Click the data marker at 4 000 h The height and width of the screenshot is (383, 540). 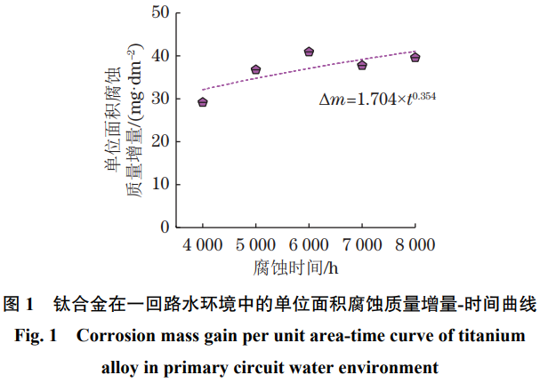[x=203, y=102]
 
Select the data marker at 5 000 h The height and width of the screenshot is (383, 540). [x=255, y=69]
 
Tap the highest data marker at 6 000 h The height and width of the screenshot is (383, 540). [x=309, y=52]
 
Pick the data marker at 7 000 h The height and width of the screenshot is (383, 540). [x=362, y=65]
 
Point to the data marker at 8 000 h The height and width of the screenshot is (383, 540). [x=415, y=57]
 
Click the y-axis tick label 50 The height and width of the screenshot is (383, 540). [x=159, y=12]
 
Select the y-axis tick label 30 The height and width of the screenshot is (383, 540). [x=159, y=99]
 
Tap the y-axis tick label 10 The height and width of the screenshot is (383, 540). [x=159, y=184]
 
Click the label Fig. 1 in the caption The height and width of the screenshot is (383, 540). [x=39, y=336]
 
